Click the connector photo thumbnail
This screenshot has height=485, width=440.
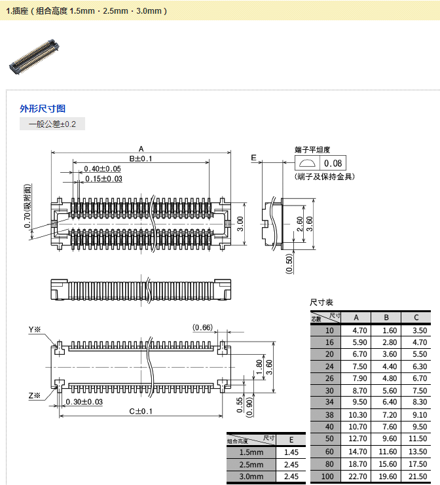point(34,56)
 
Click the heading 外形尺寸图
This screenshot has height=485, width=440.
point(43,109)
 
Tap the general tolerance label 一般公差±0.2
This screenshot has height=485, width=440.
point(52,124)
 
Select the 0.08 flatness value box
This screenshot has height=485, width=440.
point(333,164)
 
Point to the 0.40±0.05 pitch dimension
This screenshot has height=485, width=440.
point(102,169)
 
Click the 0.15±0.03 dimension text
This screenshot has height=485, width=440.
point(103,179)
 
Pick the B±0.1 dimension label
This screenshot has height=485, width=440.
point(140,159)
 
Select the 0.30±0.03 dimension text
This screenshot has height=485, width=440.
point(84,401)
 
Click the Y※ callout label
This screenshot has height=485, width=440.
point(35,329)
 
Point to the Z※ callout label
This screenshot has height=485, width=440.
point(35,395)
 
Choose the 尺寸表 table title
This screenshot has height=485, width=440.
point(321,302)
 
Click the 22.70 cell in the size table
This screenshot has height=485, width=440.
point(356,476)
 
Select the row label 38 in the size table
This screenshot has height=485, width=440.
point(329,415)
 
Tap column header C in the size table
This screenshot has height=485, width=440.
point(416,318)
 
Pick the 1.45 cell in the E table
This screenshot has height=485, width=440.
point(292,452)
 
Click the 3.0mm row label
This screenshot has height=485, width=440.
point(251,476)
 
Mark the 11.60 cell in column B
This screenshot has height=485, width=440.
point(388,452)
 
